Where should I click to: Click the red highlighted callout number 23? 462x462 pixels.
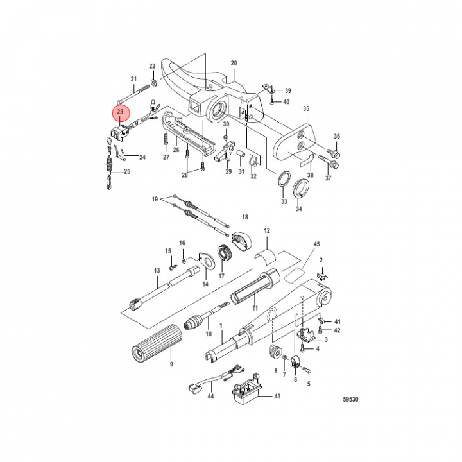(120, 112)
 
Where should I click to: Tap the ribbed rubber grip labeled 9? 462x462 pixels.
(157, 343)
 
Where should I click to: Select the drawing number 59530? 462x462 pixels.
(350, 399)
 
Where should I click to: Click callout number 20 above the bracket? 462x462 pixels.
(234, 63)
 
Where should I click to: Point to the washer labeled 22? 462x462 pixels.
(153, 83)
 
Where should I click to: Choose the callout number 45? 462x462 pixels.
(316, 244)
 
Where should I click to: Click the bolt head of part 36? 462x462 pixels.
(336, 154)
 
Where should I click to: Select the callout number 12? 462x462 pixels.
(267, 230)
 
